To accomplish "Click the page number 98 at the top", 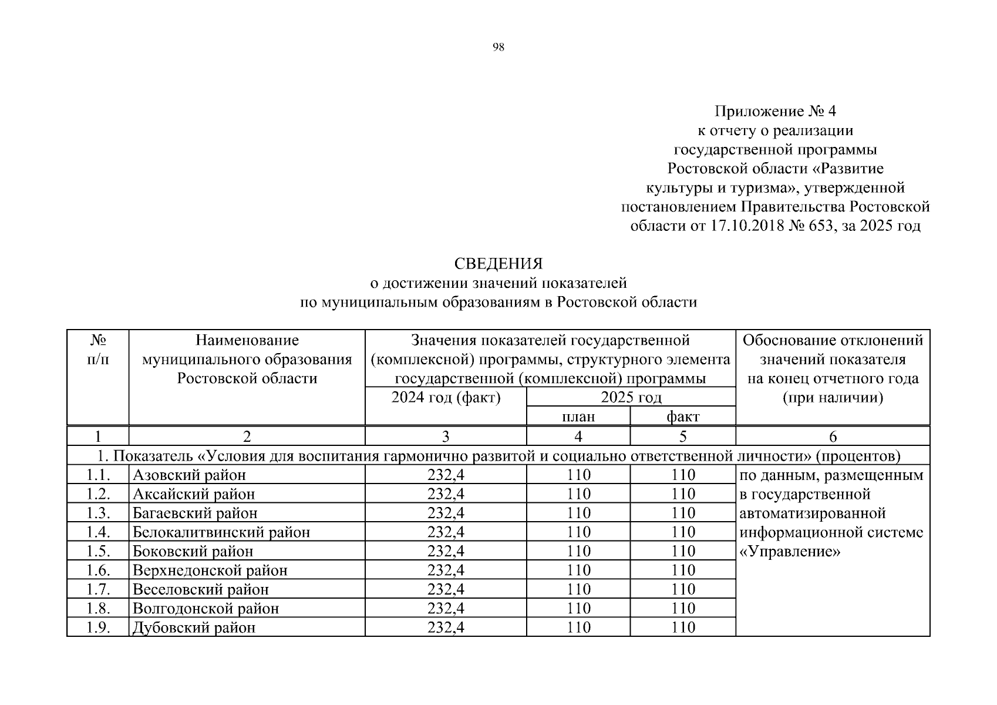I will [x=498, y=48].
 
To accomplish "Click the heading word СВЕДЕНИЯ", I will [x=498, y=264].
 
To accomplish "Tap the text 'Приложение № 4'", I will [x=775, y=111].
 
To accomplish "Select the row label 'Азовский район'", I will [x=189, y=475].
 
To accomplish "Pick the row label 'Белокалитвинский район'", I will [x=221, y=532].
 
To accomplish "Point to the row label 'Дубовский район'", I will [x=194, y=627].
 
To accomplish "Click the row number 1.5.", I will [x=98, y=551].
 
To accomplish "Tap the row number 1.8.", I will [x=98, y=608].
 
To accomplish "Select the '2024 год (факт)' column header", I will [x=446, y=398].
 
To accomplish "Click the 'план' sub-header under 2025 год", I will [x=578, y=417].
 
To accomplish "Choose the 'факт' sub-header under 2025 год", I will [x=683, y=417].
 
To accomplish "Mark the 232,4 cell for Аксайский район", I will [x=446, y=494].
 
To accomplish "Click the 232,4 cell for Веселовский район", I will [x=446, y=589].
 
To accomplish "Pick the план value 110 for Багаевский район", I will [x=578, y=513].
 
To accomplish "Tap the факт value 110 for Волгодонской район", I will [x=683, y=608].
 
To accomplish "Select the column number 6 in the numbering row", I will [x=833, y=437].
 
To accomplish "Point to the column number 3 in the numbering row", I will [x=446, y=437].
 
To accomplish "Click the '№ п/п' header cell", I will [x=98, y=350].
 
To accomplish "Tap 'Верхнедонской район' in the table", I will [x=210, y=570].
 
